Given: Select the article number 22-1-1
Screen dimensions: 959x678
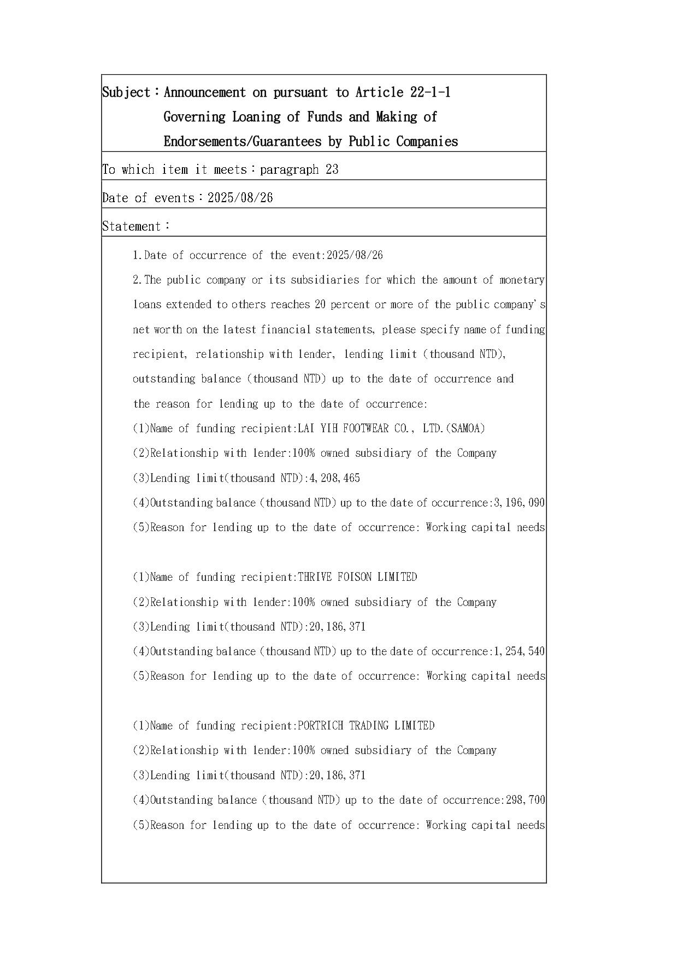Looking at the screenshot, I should (x=430, y=92).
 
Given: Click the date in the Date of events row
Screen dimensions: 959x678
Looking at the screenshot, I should (x=240, y=198).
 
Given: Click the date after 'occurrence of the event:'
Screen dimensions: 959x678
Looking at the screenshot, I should (x=355, y=255).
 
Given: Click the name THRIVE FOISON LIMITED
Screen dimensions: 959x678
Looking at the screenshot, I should (x=357, y=577).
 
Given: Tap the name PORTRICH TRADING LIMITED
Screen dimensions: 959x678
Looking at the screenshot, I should (x=366, y=726).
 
